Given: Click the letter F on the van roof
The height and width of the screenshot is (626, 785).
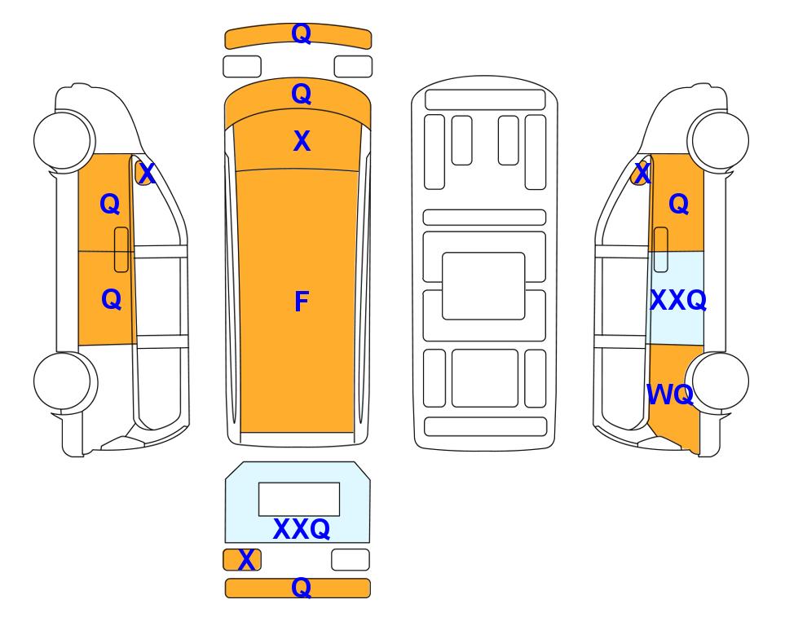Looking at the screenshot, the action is [x=302, y=302].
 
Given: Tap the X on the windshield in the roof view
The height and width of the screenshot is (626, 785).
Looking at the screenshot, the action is [x=302, y=141].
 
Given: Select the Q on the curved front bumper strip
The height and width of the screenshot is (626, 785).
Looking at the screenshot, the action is [x=302, y=33].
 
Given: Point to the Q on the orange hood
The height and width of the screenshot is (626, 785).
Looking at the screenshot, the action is [x=302, y=94].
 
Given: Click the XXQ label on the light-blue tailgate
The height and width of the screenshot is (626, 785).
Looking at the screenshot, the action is [x=302, y=529].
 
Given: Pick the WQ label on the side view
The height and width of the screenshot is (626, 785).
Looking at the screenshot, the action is [x=670, y=395].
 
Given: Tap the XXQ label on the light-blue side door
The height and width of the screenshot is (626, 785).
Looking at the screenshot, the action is [x=678, y=301].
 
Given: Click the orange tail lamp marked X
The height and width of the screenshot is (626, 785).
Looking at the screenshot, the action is [x=242, y=559].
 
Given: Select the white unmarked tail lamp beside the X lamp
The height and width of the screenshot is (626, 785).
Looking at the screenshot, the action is [x=351, y=559].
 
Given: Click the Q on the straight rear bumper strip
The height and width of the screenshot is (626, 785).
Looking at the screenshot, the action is [x=302, y=588].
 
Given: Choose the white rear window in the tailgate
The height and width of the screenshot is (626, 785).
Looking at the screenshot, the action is [x=299, y=500].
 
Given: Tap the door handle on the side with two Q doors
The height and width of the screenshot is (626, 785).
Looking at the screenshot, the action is [x=121, y=249].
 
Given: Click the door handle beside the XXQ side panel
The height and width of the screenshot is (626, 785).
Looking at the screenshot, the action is [x=661, y=249].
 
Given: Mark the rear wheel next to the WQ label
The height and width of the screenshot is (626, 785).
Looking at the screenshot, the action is [x=717, y=381].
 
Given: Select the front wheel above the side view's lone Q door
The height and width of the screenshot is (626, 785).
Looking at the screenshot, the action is [x=718, y=141].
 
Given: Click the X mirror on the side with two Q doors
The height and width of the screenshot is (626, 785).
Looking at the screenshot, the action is [x=143, y=173].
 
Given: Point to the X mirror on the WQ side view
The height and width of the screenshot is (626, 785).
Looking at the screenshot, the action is [x=640, y=173].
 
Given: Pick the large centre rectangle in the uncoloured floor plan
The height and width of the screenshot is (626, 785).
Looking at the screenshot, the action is [x=483, y=286].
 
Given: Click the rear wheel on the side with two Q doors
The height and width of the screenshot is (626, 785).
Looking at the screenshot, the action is [x=65, y=381].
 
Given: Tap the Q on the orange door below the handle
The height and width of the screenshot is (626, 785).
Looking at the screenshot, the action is [x=111, y=299].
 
